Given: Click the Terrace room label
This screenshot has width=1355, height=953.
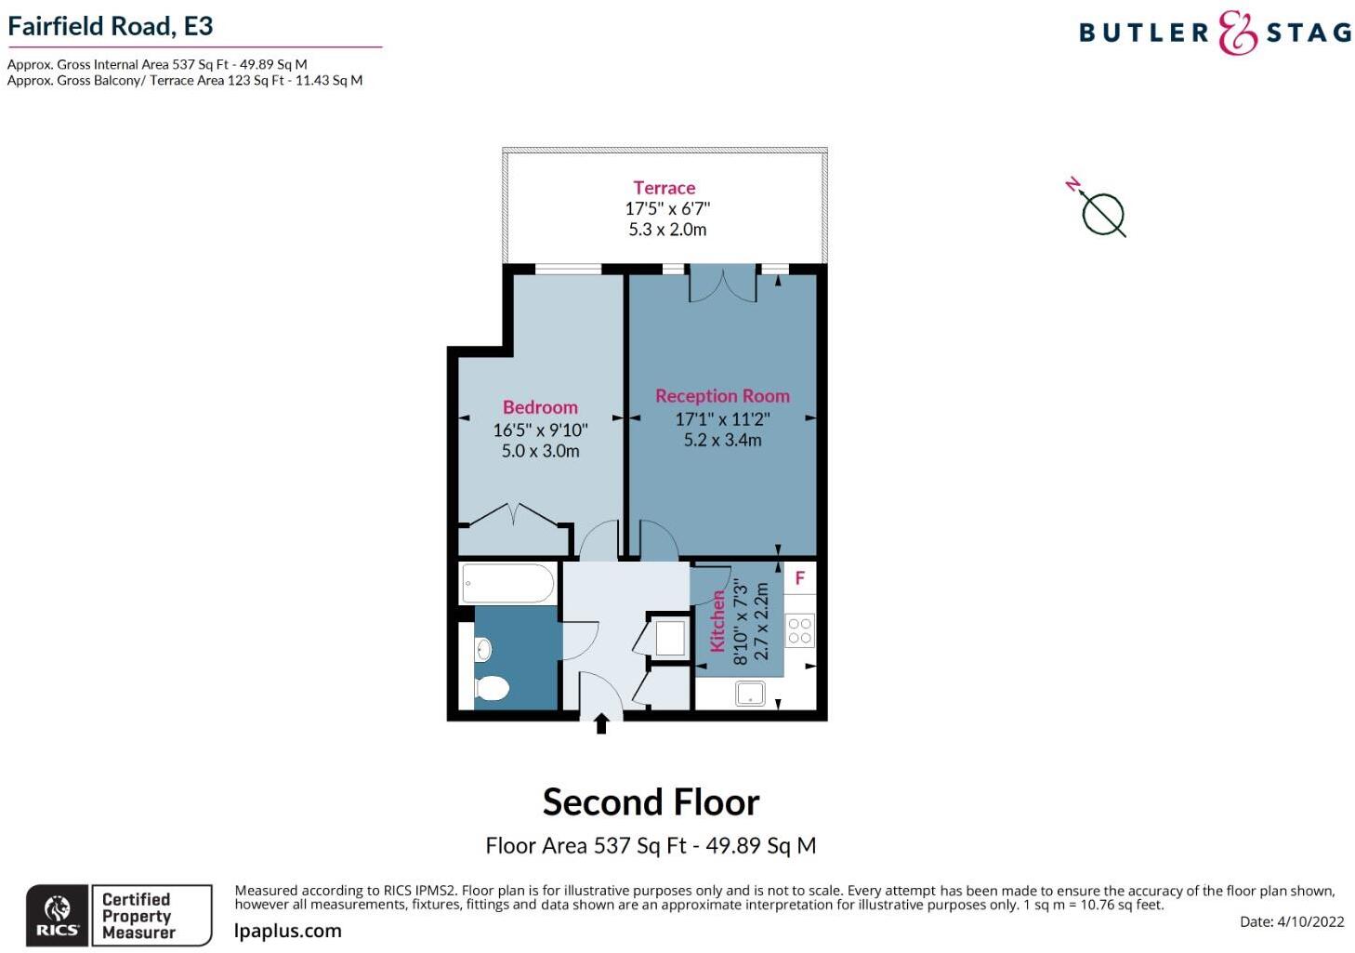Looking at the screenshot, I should [x=664, y=188].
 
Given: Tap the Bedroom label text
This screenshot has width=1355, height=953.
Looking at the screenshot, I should [x=540, y=407].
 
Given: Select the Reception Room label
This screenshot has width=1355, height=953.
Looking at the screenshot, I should [x=722, y=396].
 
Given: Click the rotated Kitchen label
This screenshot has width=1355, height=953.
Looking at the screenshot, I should [x=717, y=621].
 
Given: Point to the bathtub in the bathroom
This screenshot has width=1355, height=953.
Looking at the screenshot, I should [x=506, y=584].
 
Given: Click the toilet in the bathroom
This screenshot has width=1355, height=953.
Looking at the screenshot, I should [x=491, y=688].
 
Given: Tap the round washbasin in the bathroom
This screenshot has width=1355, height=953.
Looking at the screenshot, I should [x=482, y=648].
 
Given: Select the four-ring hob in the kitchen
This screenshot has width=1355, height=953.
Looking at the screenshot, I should [x=800, y=630].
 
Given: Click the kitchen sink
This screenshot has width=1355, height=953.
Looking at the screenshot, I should [x=749, y=694].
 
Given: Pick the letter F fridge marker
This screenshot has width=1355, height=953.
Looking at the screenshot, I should [x=799, y=578].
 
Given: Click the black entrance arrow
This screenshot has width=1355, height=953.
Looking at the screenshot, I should [x=601, y=722].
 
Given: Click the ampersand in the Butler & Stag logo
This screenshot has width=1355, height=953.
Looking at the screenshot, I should [x=1237, y=33].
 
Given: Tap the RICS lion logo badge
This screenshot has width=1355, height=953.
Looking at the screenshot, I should [x=57, y=915].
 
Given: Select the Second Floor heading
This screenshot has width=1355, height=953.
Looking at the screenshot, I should [x=651, y=801].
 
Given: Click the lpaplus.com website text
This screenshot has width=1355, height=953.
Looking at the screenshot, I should [x=288, y=931].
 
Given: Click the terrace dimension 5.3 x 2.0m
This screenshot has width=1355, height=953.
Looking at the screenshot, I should [x=667, y=230].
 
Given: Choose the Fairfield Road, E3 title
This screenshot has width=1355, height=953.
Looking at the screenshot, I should [x=111, y=26].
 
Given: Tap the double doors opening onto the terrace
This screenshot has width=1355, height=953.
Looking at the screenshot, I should [x=722, y=283].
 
